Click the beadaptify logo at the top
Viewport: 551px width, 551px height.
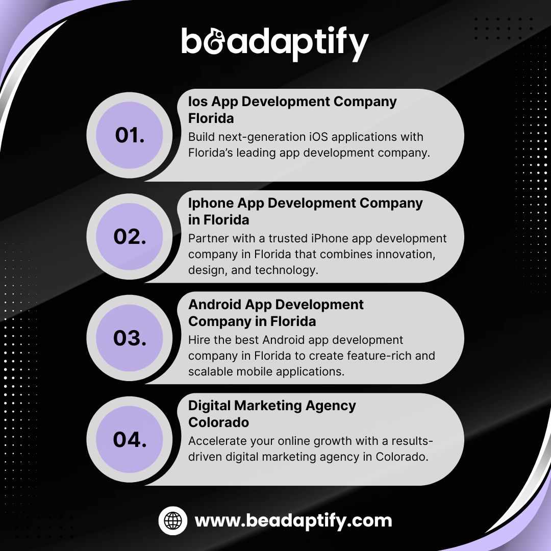(275, 43)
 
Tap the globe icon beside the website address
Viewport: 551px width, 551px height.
(172, 520)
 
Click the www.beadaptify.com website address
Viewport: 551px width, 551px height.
(293, 521)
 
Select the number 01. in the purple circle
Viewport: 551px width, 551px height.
(130, 135)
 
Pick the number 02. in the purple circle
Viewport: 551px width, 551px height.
(130, 237)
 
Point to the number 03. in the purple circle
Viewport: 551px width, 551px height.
(130, 338)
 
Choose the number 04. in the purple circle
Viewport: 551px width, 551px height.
(130, 439)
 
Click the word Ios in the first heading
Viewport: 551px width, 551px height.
(198, 102)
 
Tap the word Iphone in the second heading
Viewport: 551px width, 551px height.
(211, 204)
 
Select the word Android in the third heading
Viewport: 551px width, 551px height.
(215, 304)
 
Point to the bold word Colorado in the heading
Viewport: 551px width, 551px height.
(218, 422)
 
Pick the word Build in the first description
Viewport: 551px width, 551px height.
(201, 137)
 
